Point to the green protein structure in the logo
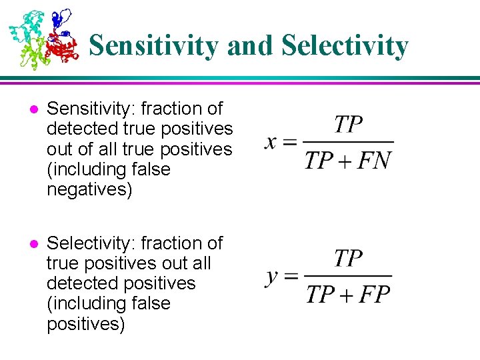(31, 53)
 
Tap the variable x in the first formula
(271, 141)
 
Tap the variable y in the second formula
(272, 277)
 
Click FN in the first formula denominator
(373, 161)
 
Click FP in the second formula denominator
(373, 294)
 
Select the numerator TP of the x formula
(348, 124)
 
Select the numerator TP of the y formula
(348, 258)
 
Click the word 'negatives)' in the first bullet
(89, 190)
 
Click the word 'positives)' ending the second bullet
(85, 325)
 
